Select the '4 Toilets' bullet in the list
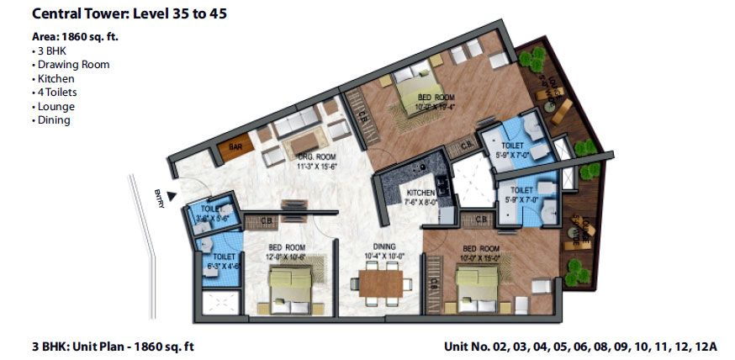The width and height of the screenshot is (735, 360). pos(57,93)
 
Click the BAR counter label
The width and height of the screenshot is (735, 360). pos(235,146)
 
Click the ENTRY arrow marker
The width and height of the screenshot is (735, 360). pos(172,197)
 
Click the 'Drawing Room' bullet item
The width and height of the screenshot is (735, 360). pos(71,64)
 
